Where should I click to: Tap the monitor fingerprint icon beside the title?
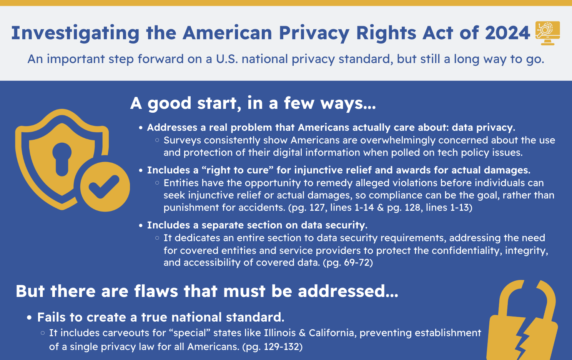point(548,33)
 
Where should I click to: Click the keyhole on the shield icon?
point(62,159)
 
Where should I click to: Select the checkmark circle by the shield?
point(105,187)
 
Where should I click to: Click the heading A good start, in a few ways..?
point(253,103)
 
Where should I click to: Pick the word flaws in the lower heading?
point(156,291)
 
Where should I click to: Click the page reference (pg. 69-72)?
point(348,263)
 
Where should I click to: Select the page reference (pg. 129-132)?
point(272,347)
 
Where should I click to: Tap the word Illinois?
point(279,333)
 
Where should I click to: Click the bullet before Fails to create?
point(29,318)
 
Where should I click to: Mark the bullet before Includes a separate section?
point(141,226)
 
